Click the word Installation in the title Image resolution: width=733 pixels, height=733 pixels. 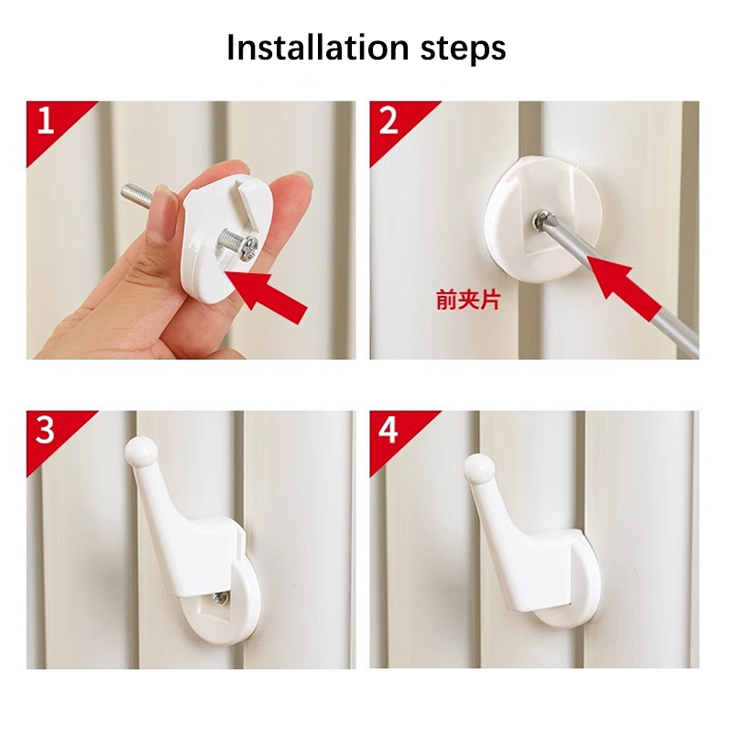318,47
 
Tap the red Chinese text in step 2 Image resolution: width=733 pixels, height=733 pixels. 467,300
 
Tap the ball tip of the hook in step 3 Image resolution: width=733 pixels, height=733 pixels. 141,451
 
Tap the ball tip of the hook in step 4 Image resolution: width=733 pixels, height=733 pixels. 479,467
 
